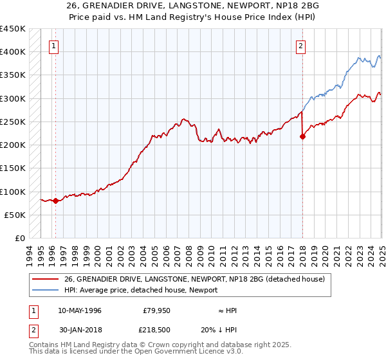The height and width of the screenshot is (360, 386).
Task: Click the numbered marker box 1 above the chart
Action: click(53, 46)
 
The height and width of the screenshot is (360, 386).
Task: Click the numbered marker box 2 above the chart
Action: click(300, 46)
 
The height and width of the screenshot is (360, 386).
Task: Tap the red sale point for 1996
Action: click(55, 201)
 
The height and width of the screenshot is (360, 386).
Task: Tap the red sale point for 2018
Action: click(302, 136)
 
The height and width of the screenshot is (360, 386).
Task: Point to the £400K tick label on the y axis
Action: click(13, 51)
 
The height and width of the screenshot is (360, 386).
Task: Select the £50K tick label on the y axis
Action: click(15, 215)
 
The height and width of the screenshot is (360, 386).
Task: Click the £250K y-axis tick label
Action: click(13, 122)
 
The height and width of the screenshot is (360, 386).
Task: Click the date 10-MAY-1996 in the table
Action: click(79, 310)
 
